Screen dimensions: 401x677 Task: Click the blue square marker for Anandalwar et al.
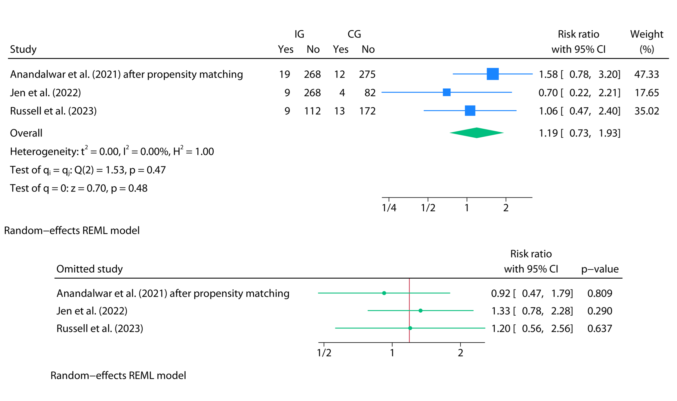tap(492, 74)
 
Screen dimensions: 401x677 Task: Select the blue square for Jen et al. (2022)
tap(447, 92)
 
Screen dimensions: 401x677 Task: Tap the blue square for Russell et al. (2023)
tap(470, 111)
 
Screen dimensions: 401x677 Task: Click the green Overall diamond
tap(477, 133)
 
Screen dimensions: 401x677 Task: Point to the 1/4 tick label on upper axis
tap(389, 208)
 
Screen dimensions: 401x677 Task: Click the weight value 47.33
tap(646, 74)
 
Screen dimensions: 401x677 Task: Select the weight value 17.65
tap(646, 93)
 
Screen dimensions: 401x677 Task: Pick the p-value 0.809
tap(599, 293)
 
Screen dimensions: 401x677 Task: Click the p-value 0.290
tap(599, 311)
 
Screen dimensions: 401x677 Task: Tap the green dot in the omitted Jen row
tap(420, 311)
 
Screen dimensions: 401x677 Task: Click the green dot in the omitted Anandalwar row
tap(384, 293)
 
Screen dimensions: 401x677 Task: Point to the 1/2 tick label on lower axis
tap(324, 353)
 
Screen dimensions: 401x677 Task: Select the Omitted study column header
tap(89, 269)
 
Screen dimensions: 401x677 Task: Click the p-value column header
tap(599, 269)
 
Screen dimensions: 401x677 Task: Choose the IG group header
tap(299, 34)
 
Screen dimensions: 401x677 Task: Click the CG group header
tap(354, 34)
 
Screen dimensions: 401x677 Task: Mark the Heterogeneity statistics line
tap(112, 151)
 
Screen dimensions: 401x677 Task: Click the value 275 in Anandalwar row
tap(367, 74)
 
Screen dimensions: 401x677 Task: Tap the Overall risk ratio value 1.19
tap(548, 133)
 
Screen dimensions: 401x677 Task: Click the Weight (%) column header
tap(646, 41)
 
